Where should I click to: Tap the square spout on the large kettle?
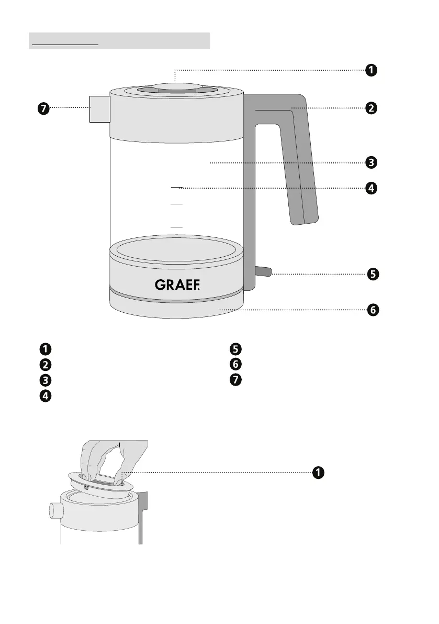click(x=99, y=108)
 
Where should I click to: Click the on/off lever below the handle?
click(x=263, y=271)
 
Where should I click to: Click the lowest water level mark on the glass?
click(x=177, y=226)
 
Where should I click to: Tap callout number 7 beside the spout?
click(x=43, y=108)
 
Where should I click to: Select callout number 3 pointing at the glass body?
click(x=370, y=162)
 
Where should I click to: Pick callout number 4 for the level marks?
click(x=370, y=188)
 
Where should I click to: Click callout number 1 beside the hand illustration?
click(x=317, y=473)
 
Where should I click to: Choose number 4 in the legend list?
click(x=46, y=396)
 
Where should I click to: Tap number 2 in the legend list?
click(x=46, y=365)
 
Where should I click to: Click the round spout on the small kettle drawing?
click(x=54, y=510)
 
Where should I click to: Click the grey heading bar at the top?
click(x=119, y=40)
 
